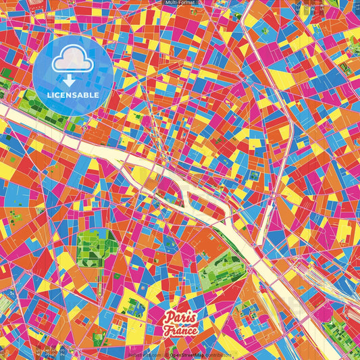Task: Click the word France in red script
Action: pos(180,330)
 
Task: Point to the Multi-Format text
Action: pos(180,3)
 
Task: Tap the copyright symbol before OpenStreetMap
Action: pos(165,354)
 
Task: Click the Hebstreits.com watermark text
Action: pos(145,354)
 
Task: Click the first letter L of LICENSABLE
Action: pos(49,95)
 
